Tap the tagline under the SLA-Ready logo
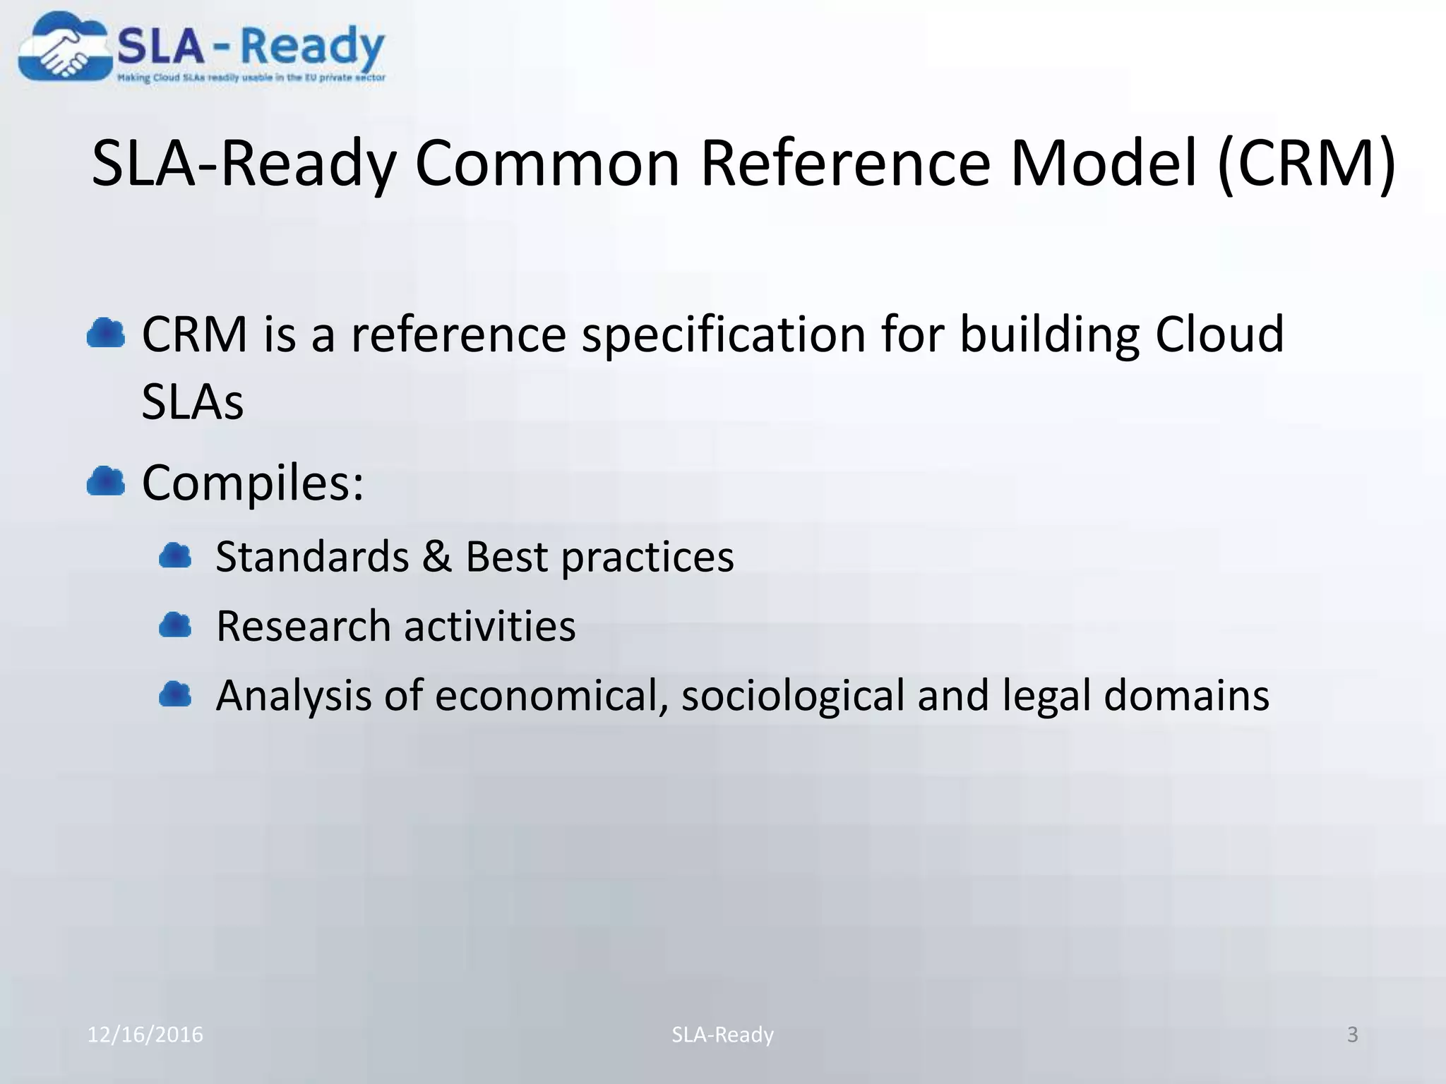coord(251,78)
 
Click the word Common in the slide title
coord(547,164)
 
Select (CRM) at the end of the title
coord(1306,164)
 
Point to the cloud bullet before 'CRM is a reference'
coord(106,333)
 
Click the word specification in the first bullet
coord(723,335)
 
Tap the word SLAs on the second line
coord(192,402)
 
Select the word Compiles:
coord(253,484)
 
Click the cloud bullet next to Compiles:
coord(106,482)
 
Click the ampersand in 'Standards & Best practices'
coord(436,556)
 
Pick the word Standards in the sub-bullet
coord(312,556)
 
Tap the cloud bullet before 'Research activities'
coord(175,625)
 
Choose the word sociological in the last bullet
coord(792,696)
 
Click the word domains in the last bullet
coord(1186,695)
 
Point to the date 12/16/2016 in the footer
coord(145,1035)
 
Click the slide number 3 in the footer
coord(1352,1035)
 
